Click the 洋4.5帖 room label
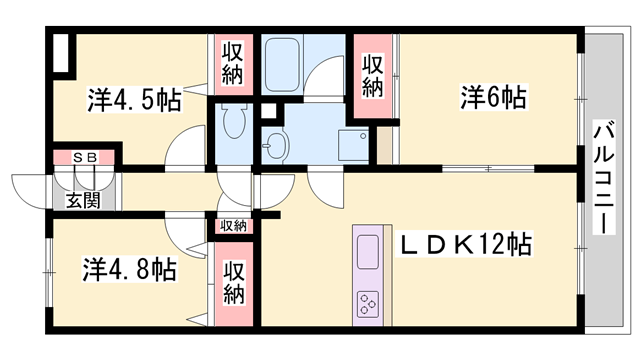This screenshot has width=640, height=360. (133, 100)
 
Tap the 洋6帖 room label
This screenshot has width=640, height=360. (494, 98)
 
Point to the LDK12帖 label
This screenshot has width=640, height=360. (466, 244)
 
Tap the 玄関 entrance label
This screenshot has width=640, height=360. (84, 200)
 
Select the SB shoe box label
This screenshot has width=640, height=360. (84, 158)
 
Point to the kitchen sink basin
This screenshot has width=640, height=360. (366, 249)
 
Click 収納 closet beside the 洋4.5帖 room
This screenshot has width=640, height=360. (232, 62)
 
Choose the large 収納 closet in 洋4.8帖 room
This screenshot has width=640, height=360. (234, 282)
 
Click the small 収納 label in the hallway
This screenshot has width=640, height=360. (233, 226)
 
